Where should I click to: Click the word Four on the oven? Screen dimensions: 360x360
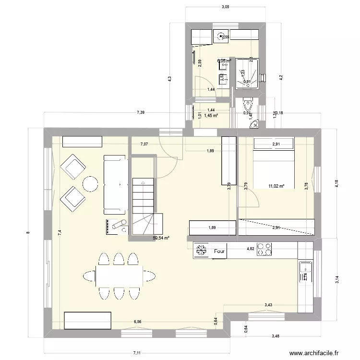coord(220,251)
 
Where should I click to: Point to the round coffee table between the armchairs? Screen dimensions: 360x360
coord(90,183)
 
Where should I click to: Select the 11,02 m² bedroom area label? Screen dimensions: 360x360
coord(276,186)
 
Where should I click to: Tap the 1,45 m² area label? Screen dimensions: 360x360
coord(211,116)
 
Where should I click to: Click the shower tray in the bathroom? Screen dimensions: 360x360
coord(248,74)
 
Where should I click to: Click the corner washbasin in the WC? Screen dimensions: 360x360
coord(254,124)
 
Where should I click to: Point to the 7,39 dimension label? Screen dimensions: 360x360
coord(140,112)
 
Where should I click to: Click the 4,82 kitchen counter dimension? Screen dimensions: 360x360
coord(250,249)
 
